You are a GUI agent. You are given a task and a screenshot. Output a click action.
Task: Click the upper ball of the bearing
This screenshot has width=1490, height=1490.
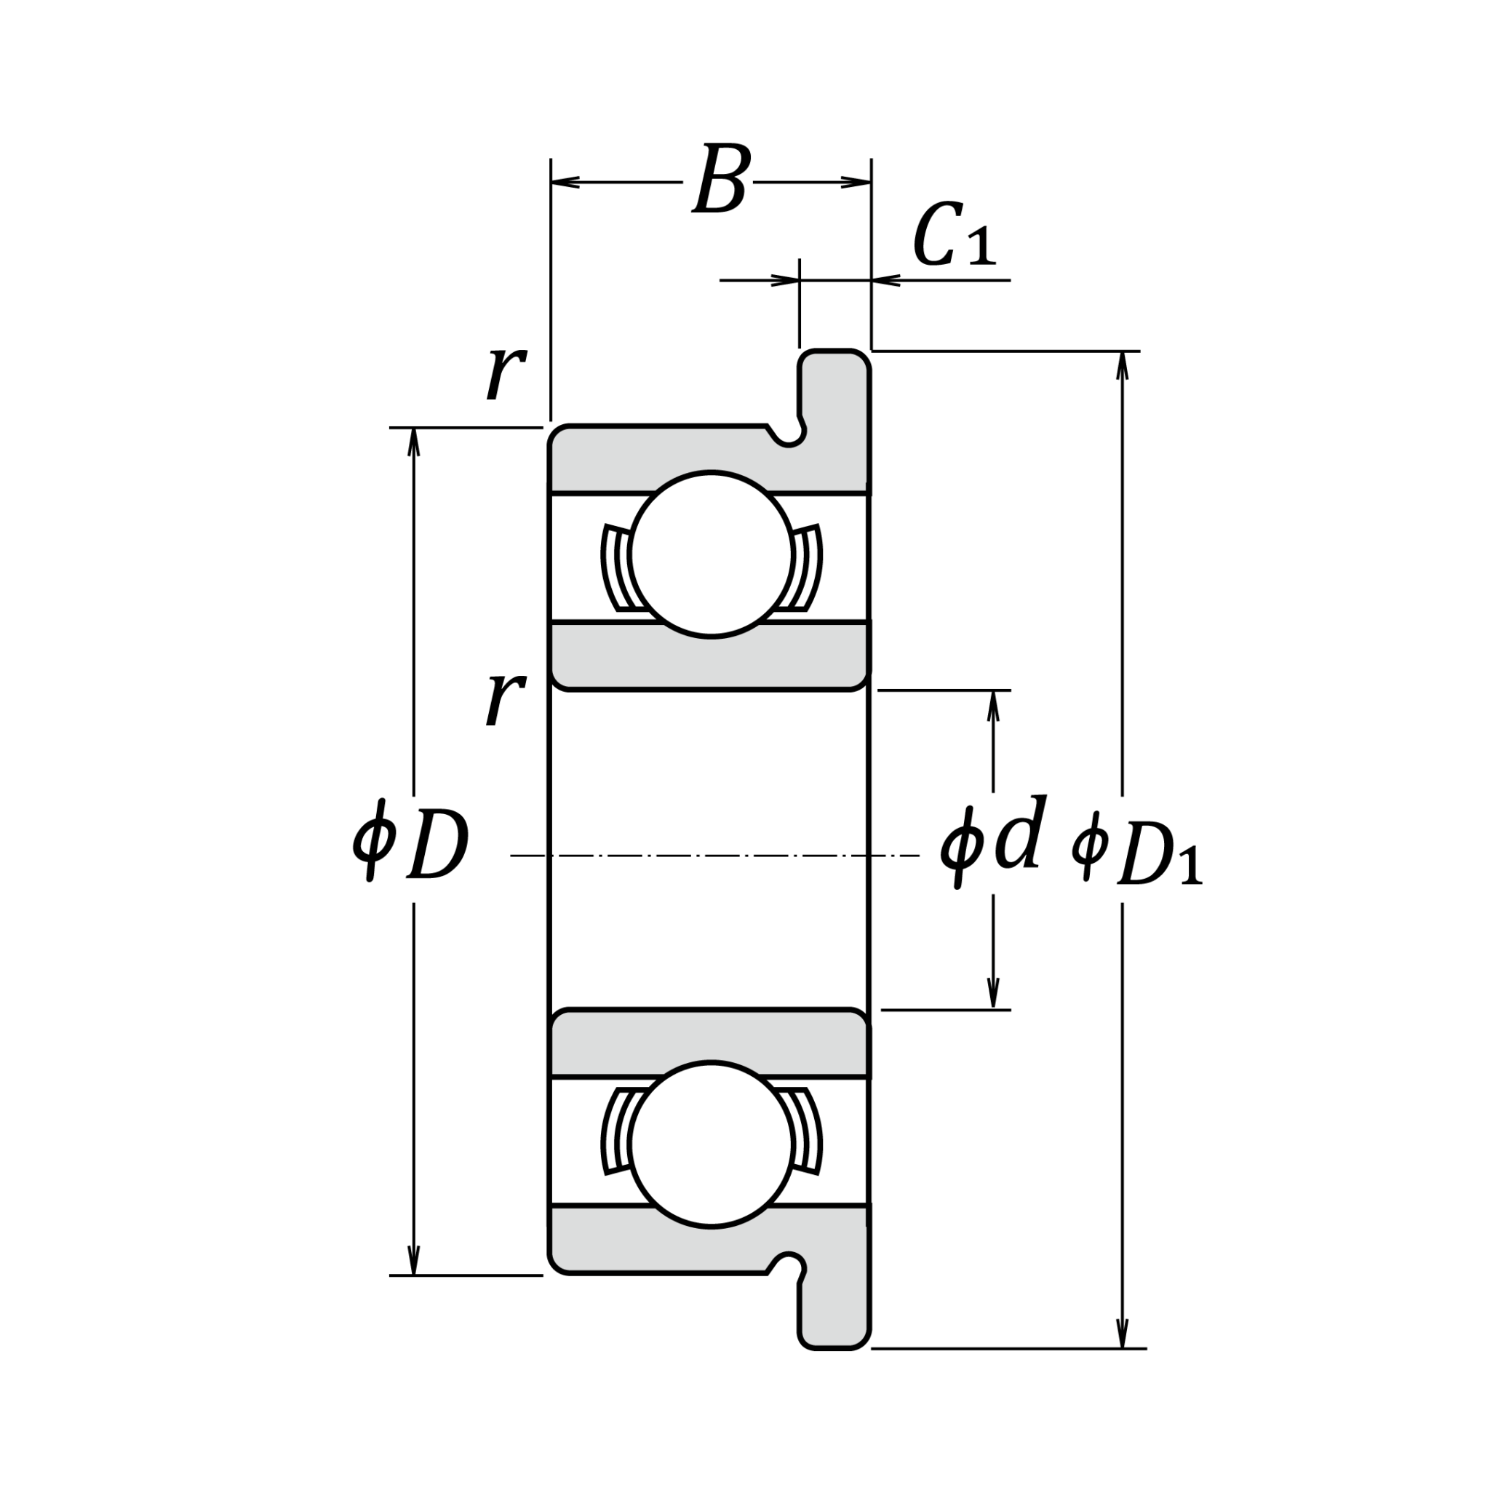(x=710, y=554)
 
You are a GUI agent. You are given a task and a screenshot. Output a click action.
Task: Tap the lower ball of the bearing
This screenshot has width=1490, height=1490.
(x=710, y=1144)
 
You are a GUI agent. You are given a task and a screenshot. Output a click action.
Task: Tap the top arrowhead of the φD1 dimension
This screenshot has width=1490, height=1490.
(x=1122, y=364)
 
